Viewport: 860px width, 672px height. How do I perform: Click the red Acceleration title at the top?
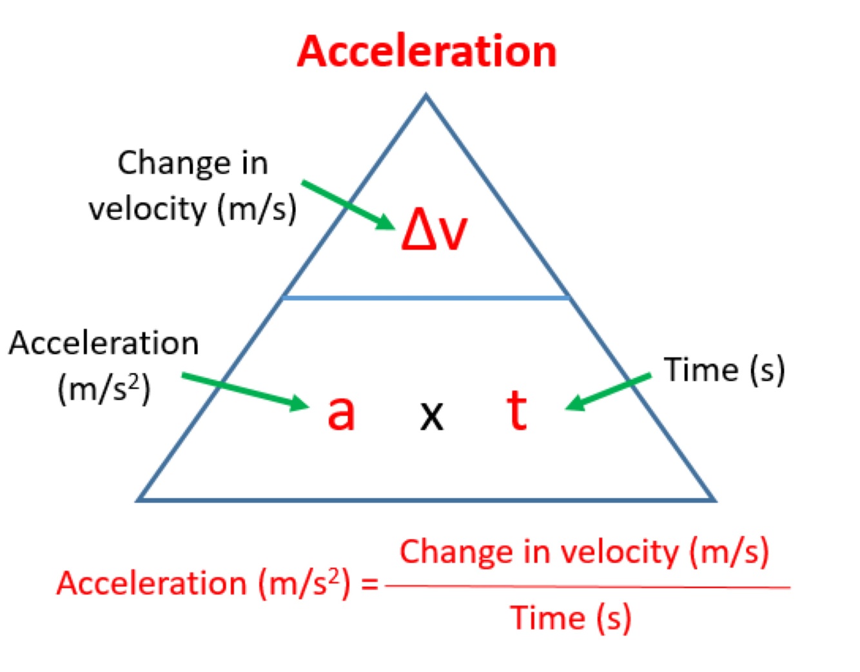[x=427, y=52]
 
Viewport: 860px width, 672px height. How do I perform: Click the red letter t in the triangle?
[x=517, y=410]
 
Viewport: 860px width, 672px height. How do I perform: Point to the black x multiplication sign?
[x=431, y=415]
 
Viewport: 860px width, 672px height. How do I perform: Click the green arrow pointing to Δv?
[x=348, y=204]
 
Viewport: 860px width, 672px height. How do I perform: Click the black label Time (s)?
[x=725, y=370]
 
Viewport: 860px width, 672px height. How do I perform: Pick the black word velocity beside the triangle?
[x=148, y=209]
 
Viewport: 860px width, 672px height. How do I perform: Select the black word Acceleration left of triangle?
[x=104, y=343]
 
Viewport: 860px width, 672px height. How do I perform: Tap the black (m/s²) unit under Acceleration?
[x=104, y=389]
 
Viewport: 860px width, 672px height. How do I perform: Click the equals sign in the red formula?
[x=369, y=584]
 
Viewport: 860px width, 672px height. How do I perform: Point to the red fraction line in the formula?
[x=587, y=587]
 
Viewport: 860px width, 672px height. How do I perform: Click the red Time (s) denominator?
[x=571, y=618]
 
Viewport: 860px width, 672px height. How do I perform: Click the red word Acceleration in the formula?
[x=151, y=584]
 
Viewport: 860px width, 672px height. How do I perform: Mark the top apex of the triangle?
[x=425, y=96]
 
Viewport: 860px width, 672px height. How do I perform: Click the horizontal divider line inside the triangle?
[x=425, y=298]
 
